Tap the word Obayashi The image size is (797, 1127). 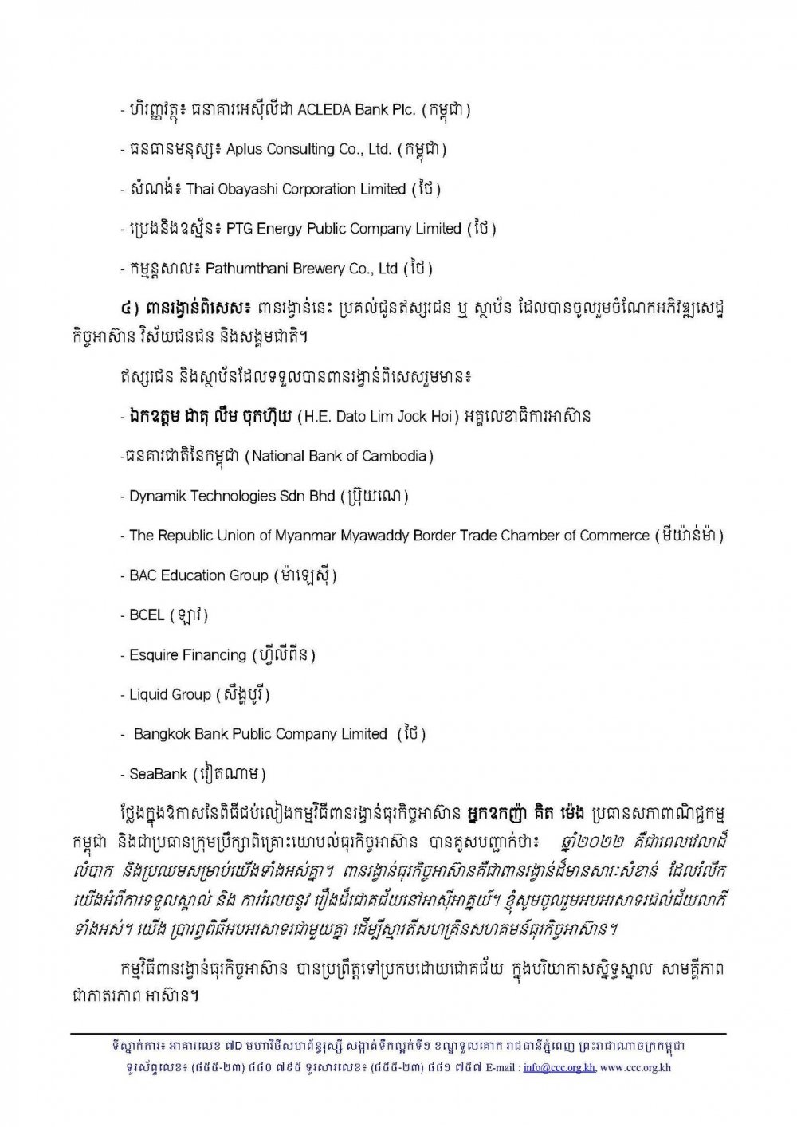245,189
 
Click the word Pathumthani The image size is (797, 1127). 245,269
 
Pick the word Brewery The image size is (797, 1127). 318,269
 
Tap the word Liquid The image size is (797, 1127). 148,695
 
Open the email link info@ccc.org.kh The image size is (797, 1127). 559,1067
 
